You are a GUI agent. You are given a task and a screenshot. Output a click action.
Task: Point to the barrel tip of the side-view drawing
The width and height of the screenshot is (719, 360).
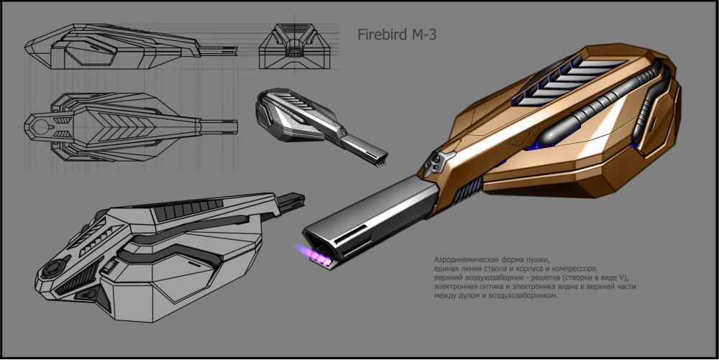coord(229,50)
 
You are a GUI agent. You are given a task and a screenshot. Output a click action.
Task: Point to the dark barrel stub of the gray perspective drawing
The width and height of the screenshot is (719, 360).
coord(294,200)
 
